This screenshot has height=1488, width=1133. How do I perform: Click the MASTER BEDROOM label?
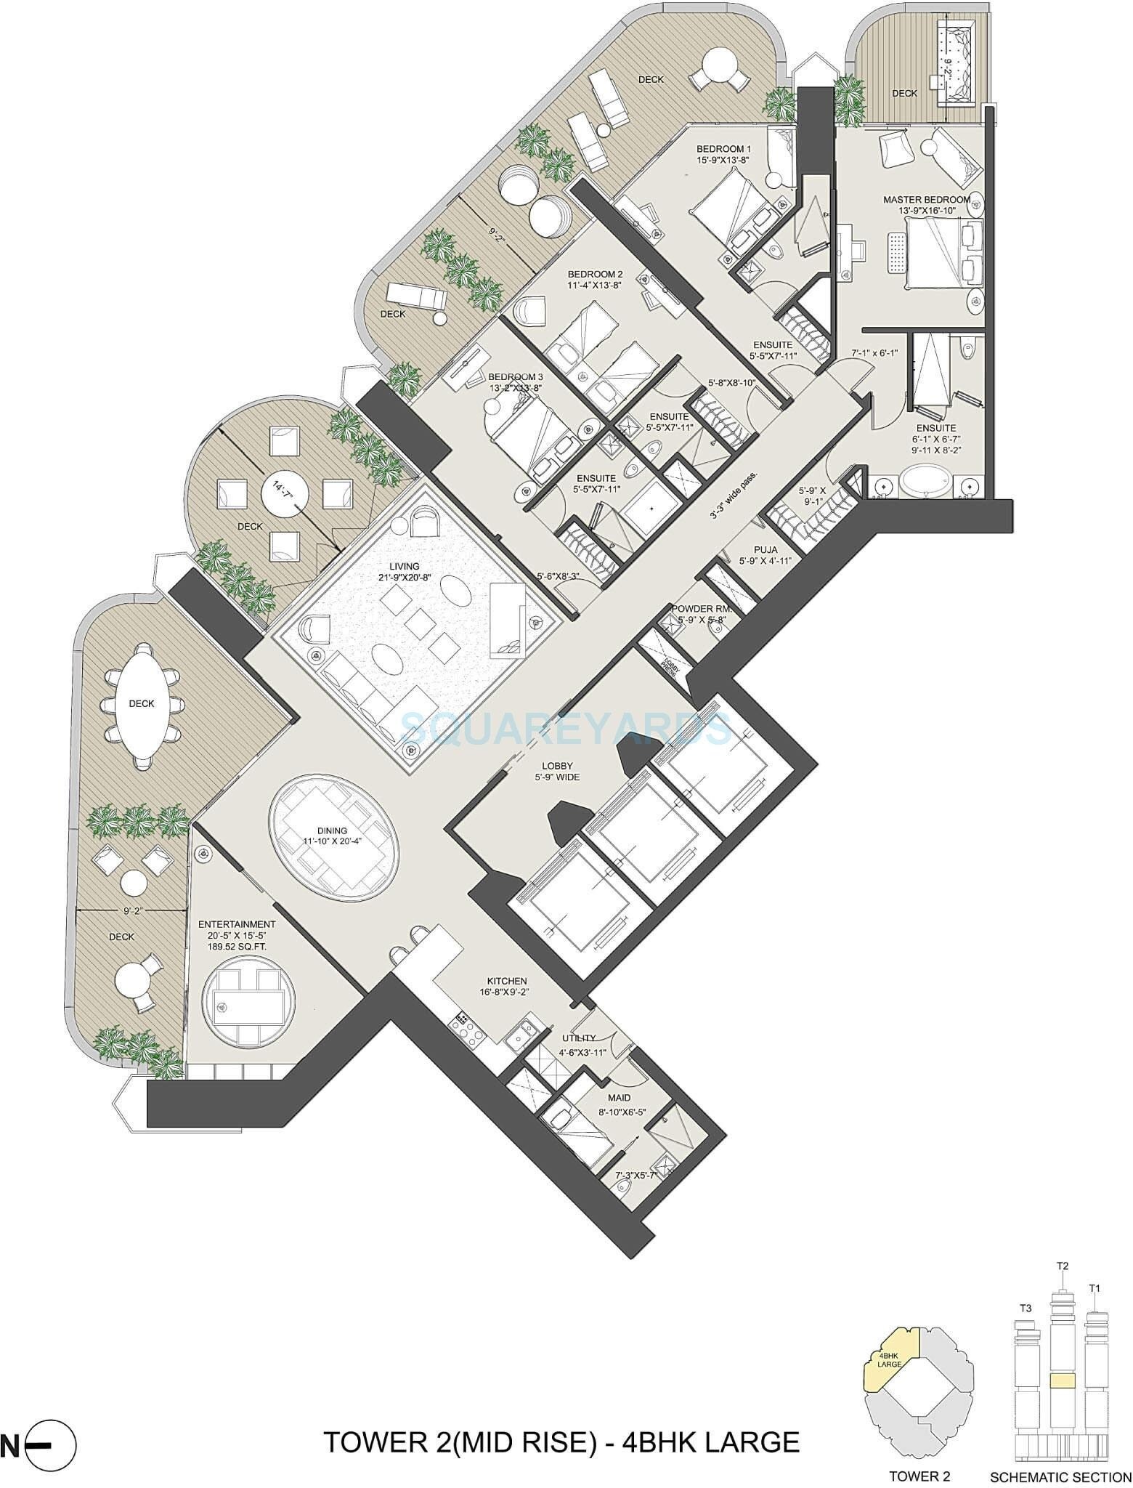(x=926, y=199)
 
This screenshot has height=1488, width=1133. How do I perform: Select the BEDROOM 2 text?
(x=595, y=274)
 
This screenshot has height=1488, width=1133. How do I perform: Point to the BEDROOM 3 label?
(x=515, y=377)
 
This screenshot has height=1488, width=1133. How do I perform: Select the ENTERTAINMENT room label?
(x=237, y=924)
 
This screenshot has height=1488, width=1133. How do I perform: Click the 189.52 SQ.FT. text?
(x=237, y=947)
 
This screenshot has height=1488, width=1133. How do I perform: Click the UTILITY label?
(x=578, y=1038)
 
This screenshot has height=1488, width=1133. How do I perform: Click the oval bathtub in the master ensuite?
(x=925, y=483)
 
